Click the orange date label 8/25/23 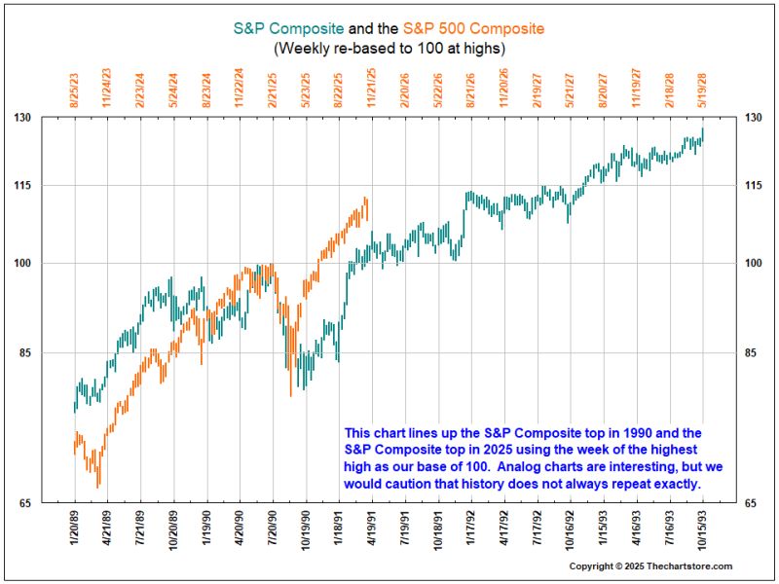pyautogui.click(x=75, y=91)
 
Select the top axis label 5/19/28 pyautogui.click(x=702, y=91)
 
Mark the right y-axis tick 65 pyautogui.click(x=750, y=503)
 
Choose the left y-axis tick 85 pyautogui.click(x=25, y=353)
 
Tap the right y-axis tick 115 pyautogui.click(x=753, y=185)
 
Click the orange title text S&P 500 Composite pyautogui.click(x=473, y=28)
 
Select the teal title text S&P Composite pyautogui.click(x=288, y=28)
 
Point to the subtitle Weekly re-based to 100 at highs pyautogui.click(x=389, y=49)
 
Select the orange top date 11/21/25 pyautogui.click(x=372, y=88)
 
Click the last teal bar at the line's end pyautogui.click(x=702, y=134)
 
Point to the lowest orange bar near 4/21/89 pyautogui.click(x=98, y=477)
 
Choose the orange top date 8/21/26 pyautogui.click(x=471, y=91)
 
